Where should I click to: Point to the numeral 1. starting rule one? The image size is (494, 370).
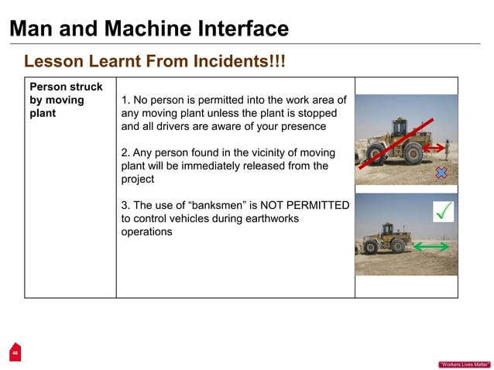pyautogui.click(x=126, y=101)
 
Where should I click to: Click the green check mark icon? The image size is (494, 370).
pyautogui.click(x=444, y=211)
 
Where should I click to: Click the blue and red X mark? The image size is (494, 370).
pyautogui.click(x=441, y=173)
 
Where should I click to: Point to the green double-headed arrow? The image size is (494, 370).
pyautogui.click(x=431, y=247)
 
